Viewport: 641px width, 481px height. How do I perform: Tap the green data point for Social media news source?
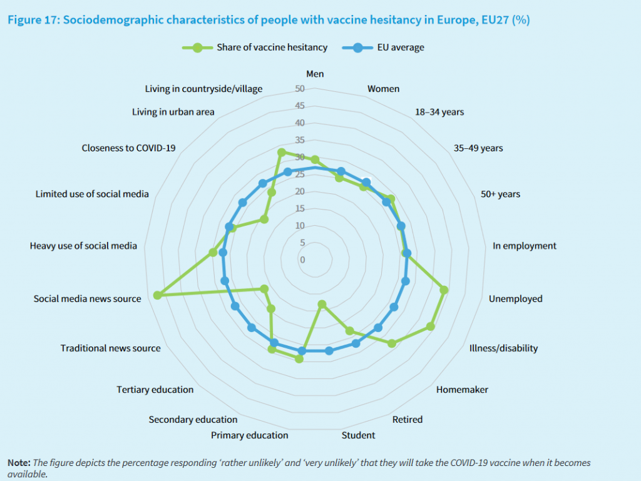[157, 295]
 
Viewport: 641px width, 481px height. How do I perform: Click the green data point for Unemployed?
[444, 290]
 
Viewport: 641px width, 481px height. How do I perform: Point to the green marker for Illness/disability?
[431, 326]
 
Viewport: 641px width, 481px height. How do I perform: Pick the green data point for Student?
[322, 305]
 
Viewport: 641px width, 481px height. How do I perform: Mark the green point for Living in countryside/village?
[282, 152]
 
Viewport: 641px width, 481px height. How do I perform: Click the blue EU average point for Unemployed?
[405, 281]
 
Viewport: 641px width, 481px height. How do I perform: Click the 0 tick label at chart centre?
[303, 260]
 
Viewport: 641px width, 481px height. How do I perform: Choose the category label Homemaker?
[462, 390]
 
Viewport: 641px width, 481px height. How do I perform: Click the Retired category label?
[407, 419]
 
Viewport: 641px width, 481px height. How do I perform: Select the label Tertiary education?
[155, 390]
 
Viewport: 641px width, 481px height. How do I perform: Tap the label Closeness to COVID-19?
[128, 148]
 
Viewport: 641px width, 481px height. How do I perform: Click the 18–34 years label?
[439, 112]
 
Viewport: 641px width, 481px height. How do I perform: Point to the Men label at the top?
[315, 74]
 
